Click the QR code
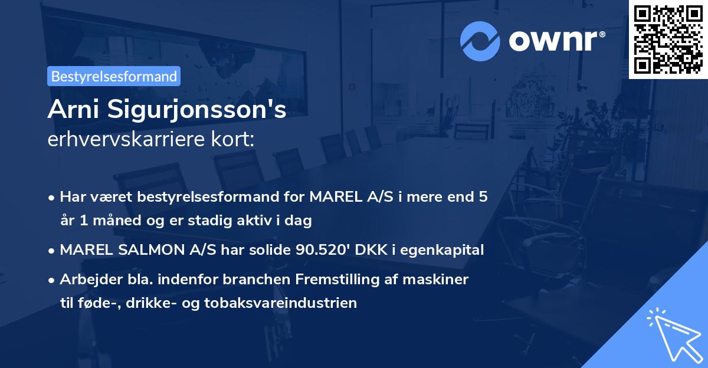click(668, 40)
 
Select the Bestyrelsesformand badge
click(114, 76)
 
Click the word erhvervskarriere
click(119, 140)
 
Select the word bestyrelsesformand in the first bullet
click(192, 197)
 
